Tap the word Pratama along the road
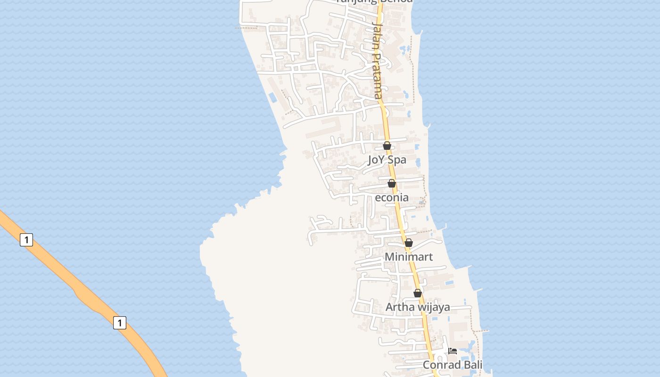378,75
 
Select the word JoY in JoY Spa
377,160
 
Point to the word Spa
397,160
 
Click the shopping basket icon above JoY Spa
387,146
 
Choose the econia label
392,197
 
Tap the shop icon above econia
392,183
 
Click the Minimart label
409,257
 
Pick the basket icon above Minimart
409,243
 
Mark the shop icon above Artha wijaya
418,293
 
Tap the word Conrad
439,365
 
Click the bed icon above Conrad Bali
453,351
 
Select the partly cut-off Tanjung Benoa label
375,1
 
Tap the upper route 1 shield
26,240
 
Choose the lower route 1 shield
120,323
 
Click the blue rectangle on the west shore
273,98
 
